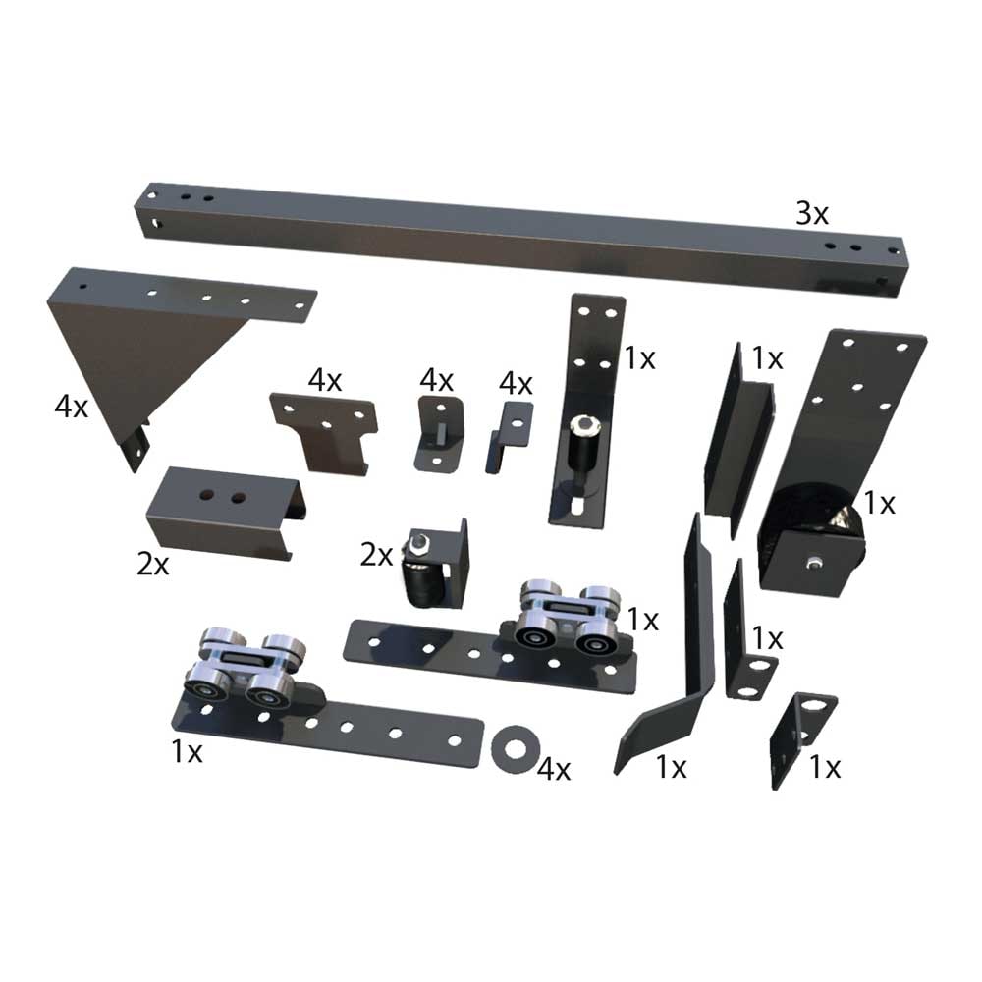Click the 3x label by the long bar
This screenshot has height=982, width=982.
pyautogui.click(x=812, y=213)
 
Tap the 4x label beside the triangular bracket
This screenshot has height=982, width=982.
pyautogui.click(x=71, y=405)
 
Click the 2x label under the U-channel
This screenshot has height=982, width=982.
pyautogui.click(x=153, y=564)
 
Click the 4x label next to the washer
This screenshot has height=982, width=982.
pyautogui.click(x=554, y=769)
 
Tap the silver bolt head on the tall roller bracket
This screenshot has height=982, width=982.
pyautogui.click(x=585, y=425)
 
